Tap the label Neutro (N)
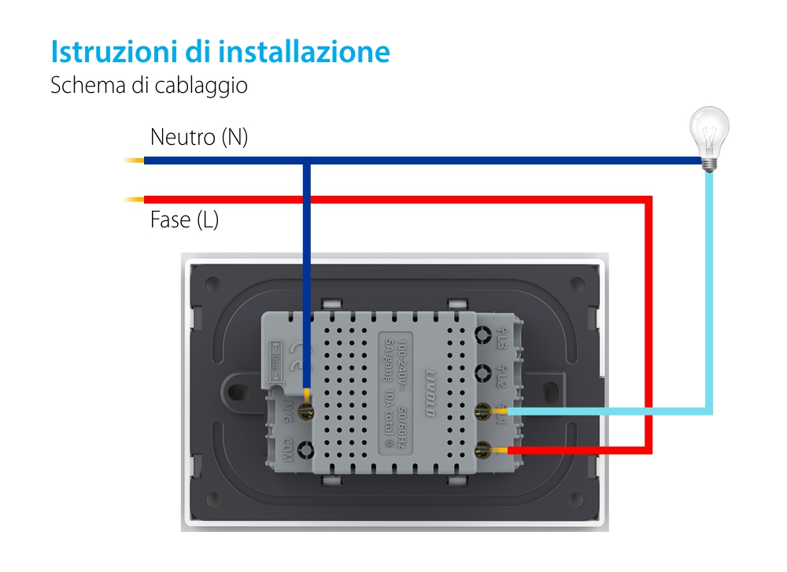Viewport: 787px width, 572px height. pos(199,138)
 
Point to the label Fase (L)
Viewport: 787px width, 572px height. pos(184,220)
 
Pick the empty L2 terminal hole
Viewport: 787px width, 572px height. pos(483,374)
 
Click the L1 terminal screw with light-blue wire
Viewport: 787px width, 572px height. pos(483,411)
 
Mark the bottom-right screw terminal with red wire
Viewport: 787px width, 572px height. pos(483,450)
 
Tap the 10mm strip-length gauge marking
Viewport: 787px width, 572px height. pos(276,359)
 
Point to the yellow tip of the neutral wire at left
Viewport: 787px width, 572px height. pos(134,161)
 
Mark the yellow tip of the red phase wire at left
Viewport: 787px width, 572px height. pos(134,199)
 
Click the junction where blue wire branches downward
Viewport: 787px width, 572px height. pos(306,162)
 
